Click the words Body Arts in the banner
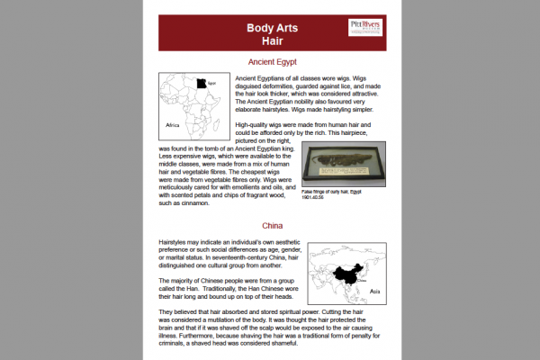[x=273, y=28]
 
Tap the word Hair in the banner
[x=273, y=41]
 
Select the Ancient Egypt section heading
[x=273, y=62]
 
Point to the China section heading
[x=273, y=225]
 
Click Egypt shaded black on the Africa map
[x=198, y=84]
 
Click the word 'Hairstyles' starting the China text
[x=176, y=244]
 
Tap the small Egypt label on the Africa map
[x=212, y=83]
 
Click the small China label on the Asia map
[x=364, y=281]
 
